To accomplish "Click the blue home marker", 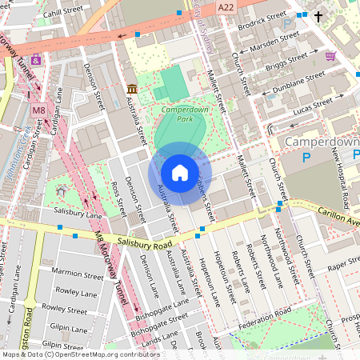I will (180, 173).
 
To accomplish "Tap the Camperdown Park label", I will (178, 114).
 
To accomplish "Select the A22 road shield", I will (225, 6).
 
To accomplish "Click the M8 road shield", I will (38, 110).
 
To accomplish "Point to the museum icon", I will (131, 88).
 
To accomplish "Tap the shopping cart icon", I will (330, 55).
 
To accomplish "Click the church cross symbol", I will (318, 15).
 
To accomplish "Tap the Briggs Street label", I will (287, 61).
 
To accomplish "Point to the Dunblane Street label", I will (298, 81).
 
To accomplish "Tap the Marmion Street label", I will (72, 273).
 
